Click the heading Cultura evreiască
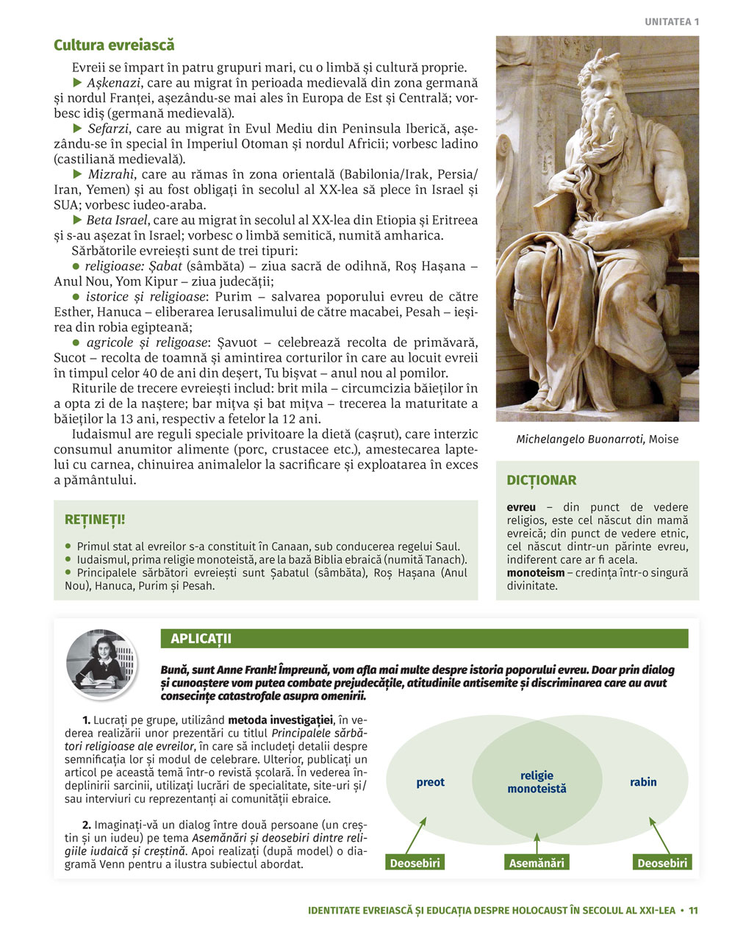(x=114, y=46)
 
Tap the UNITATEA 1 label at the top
(x=672, y=21)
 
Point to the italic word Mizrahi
(x=111, y=174)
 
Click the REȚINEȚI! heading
(x=95, y=520)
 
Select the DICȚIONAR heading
(x=542, y=480)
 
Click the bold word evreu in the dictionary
(x=521, y=507)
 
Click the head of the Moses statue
(x=603, y=81)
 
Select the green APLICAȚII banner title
(x=201, y=639)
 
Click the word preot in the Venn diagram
(x=430, y=782)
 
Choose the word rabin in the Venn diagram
(x=643, y=782)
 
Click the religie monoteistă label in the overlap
(x=537, y=782)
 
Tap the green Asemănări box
(x=537, y=863)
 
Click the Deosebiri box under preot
(x=415, y=863)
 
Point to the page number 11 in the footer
(x=693, y=910)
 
